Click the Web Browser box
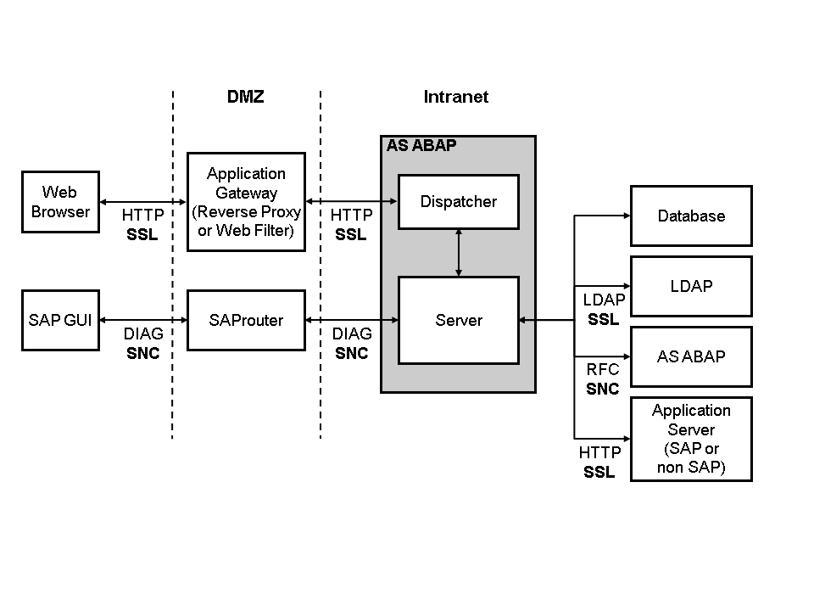pyautogui.click(x=59, y=202)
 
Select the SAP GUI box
pyautogui.click(x=59, y=320)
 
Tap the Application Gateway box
pyautogui.click(x=246, y=202)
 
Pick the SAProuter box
pyautogui.click(x=246, y=320)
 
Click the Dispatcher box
pyautogui.click(x=458, y=202)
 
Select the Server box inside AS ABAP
pyautogui.click(x=458, y=320)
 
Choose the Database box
pyautogui.click(x=691, y=216)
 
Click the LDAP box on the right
pyautogui.click(x=691, y=286)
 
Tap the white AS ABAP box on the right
pyautogui.click(x=691, y=356)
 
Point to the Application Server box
pyautogui.click(x=691, y=439)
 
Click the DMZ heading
pyautogui.click(x=246, y=97)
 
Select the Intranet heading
pyautogui.click(x=456, y=97)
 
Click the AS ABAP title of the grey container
pyautogui.click(x=421, y=146)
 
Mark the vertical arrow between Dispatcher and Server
pyautogui.click(x=459, y=253)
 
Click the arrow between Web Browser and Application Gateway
pyautogui.click(x=142, y=201)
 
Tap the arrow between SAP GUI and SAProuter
pyautogui.click(x=142, y=320)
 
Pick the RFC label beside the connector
pyautogui.click(x=603, y=370)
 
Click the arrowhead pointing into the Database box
pyautogui.click(x=625, y=216)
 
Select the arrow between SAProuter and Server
pyautogui.click(x=351, y=320)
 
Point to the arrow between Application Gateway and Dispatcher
pyautogui.click(x=351, y=201)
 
